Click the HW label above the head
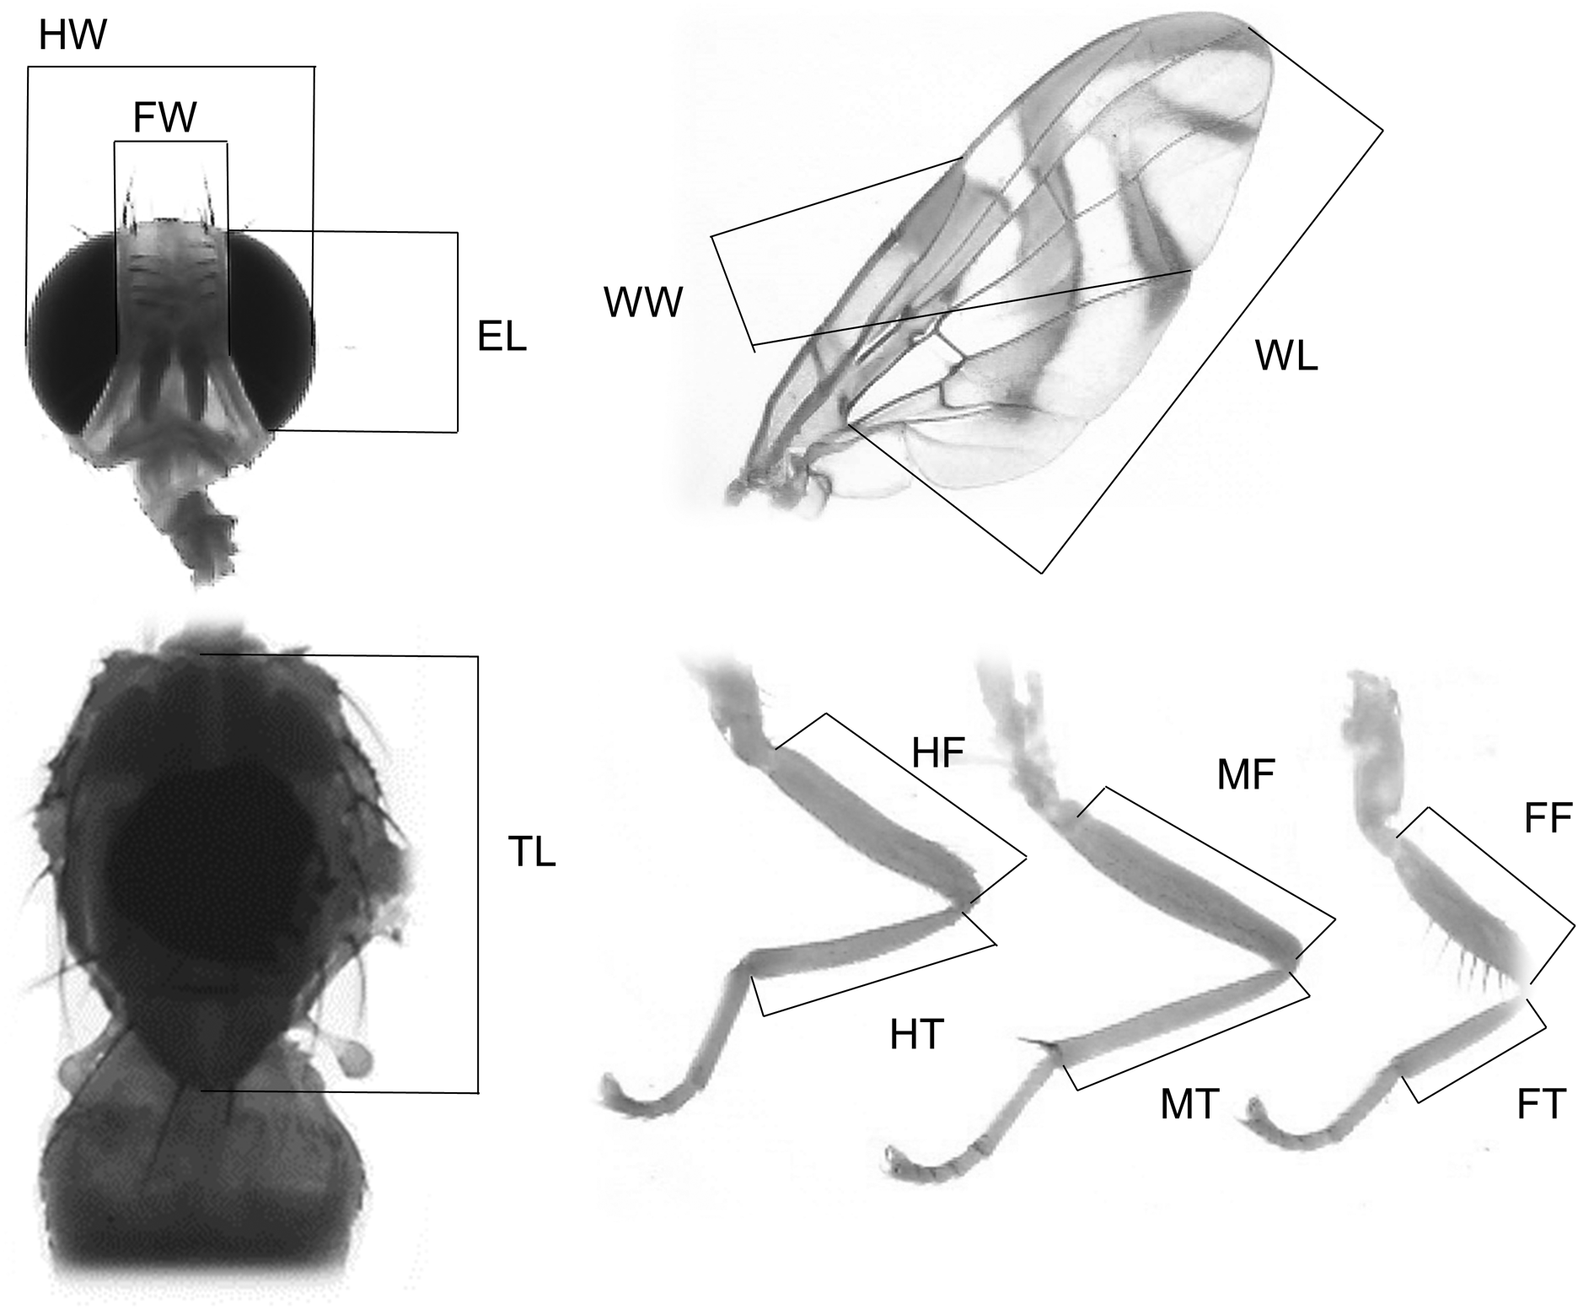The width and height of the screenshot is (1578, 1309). point(72,35)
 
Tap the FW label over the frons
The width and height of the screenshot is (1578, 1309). point(164,118)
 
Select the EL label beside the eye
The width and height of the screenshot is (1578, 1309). point(502,337)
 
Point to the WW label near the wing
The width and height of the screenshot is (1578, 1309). point(642,303)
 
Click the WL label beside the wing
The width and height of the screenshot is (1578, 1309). point(1285,357)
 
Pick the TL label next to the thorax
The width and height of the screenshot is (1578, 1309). point(531,852)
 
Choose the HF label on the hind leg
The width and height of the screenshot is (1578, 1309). point(937,753)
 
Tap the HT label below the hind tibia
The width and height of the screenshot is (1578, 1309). point(917,1035)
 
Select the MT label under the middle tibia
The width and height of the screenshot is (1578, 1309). point(1189,1105)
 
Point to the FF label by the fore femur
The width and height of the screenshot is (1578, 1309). point(1548,819)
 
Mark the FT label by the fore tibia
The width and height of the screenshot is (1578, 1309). point(1541,1105)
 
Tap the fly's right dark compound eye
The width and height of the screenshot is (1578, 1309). point(270,329)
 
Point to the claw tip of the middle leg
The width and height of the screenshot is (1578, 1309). point(890,1157)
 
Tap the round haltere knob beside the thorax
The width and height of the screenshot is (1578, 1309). point(359,1058)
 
